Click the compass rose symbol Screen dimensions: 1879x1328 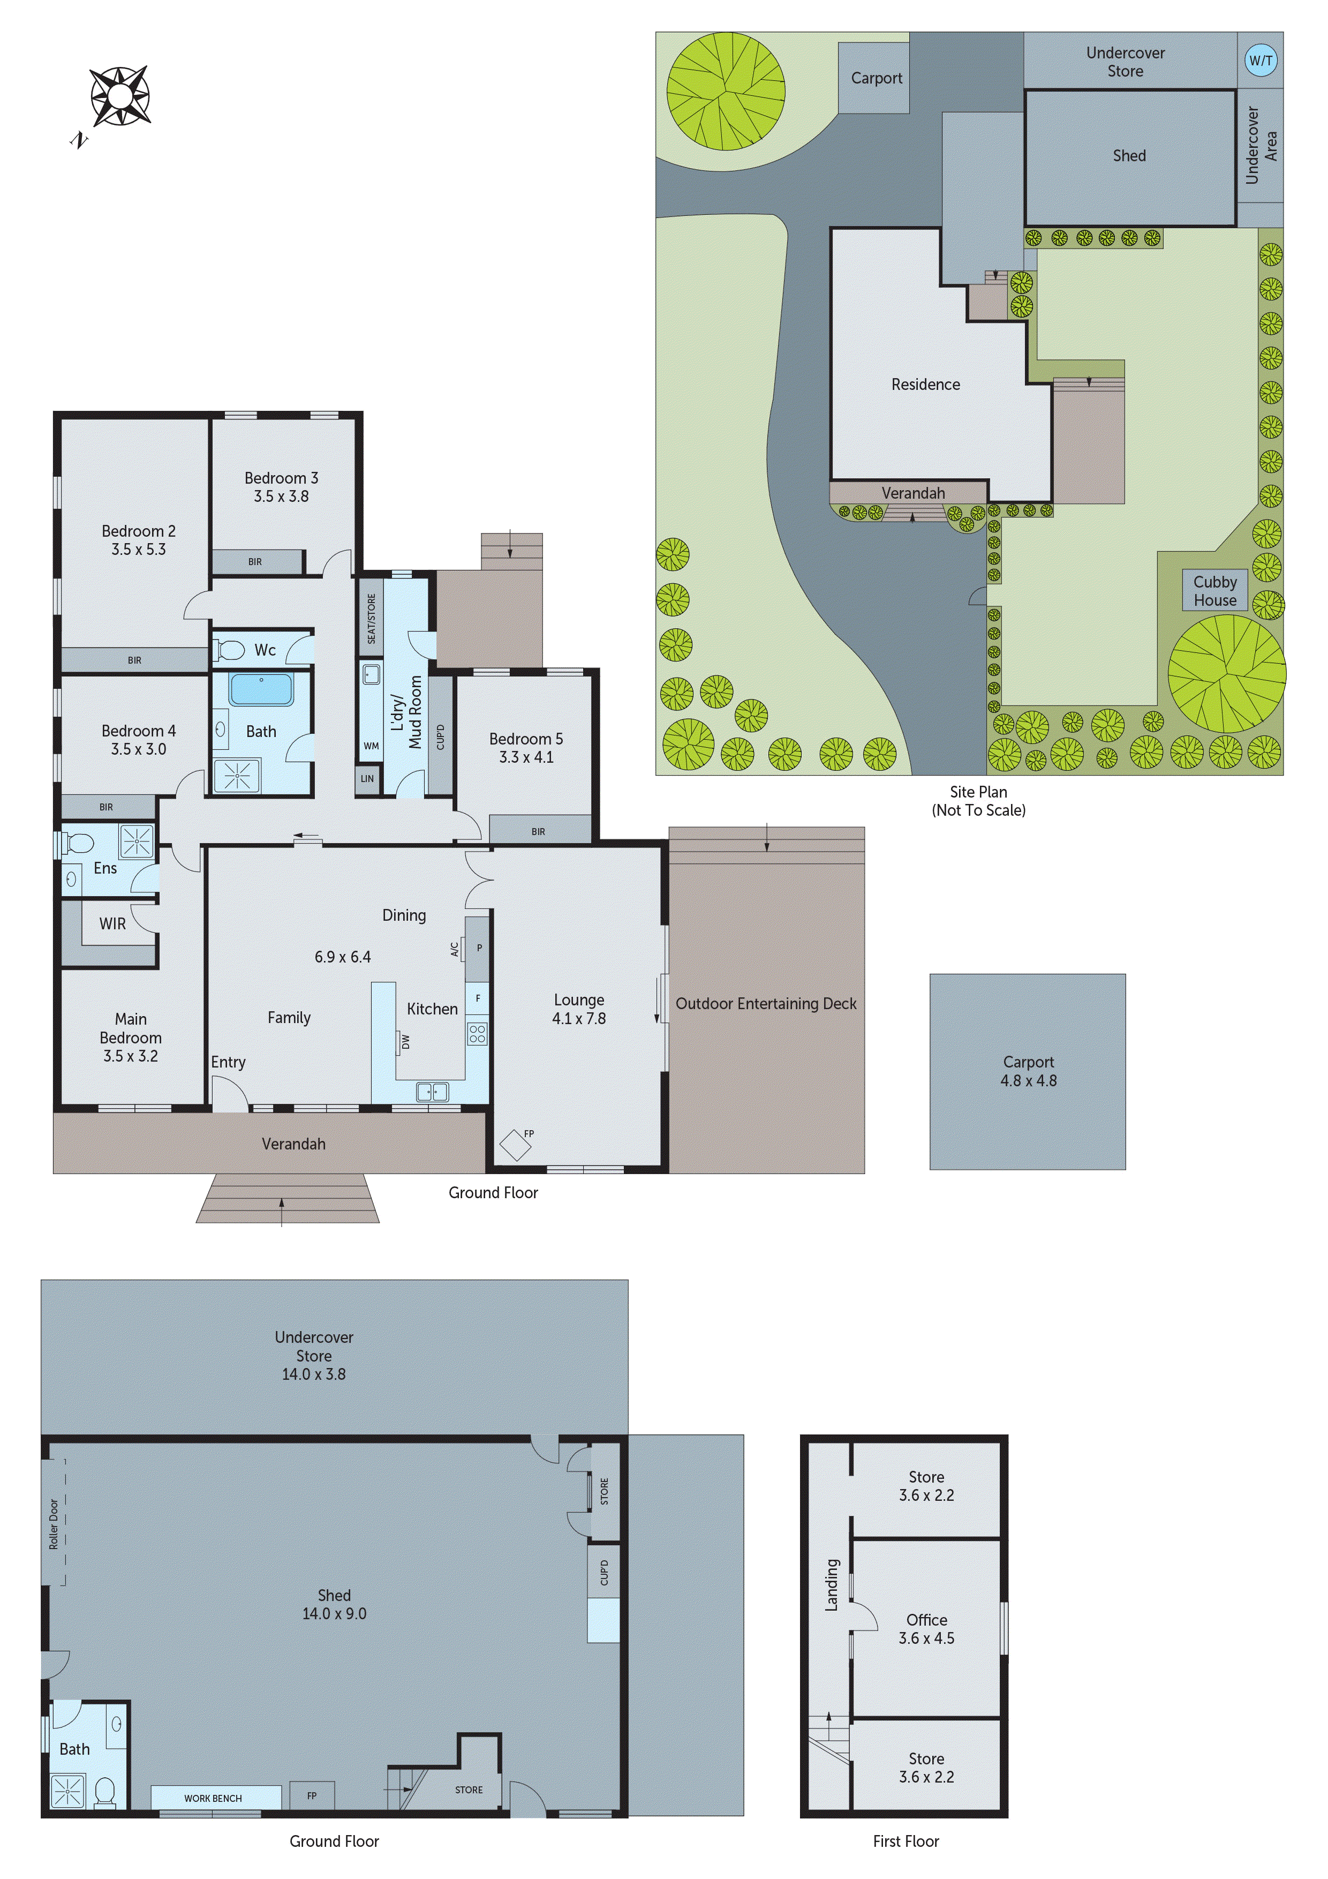(119, 96)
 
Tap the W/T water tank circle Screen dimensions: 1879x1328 (1260, 60)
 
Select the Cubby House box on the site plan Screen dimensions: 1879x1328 (1214, 591)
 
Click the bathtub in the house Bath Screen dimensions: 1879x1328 (261, 689)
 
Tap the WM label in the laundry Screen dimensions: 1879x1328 (371, 746)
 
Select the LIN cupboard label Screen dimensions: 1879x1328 (367, 778)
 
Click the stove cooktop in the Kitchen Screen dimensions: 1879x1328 (477, 1033)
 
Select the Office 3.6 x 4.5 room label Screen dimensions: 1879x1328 (926, 1628)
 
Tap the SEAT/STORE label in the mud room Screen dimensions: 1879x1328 (371, 619)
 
